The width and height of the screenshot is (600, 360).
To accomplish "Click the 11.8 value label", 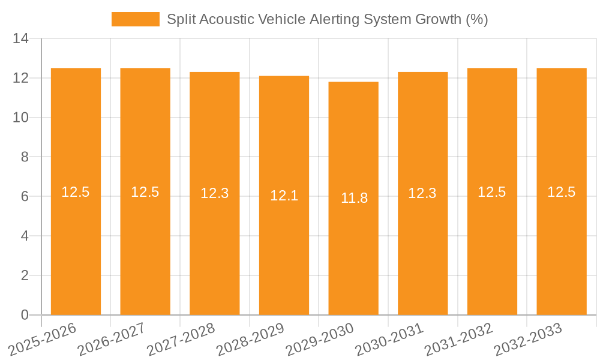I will tap(354, 198).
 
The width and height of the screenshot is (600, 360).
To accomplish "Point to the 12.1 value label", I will tap(284, 196).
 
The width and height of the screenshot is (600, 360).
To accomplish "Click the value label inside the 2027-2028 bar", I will tap(215, 193).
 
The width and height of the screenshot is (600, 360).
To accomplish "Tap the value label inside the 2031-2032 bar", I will tap(492, 192).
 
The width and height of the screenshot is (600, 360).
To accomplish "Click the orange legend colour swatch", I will tap(135, 19).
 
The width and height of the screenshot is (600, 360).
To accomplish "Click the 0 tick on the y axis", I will tap(25, 315).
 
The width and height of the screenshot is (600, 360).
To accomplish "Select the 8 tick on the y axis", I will tap(25, 157).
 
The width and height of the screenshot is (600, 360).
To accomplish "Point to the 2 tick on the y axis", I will tap(25, 275).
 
